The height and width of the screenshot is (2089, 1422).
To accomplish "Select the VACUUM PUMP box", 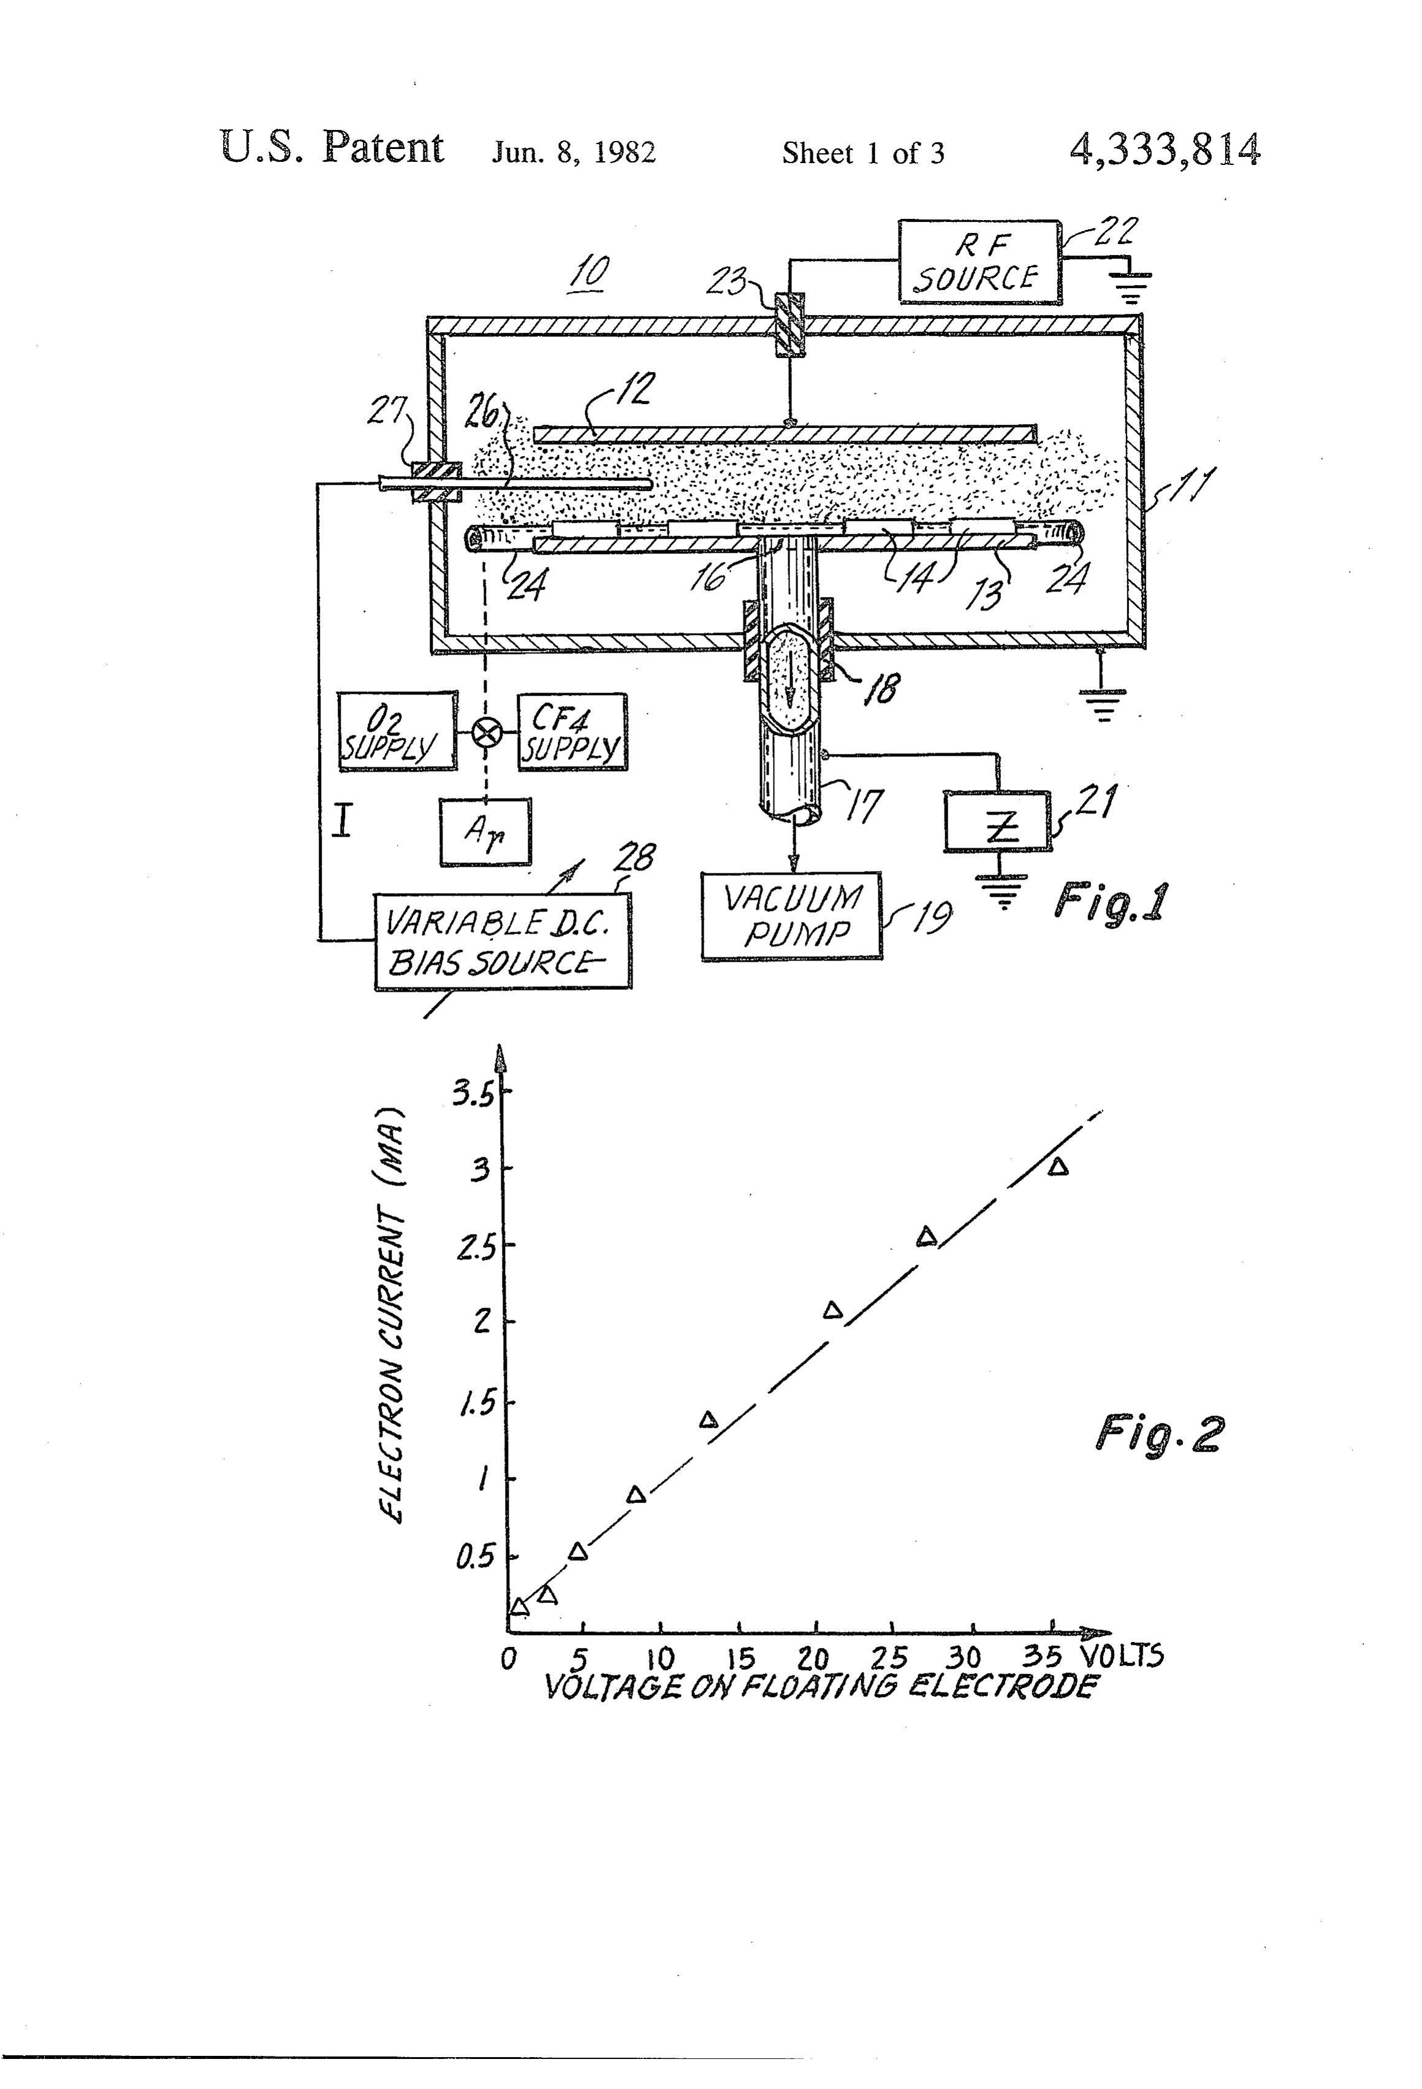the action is pos(792,916).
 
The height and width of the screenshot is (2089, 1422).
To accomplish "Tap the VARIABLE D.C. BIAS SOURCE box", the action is pos(503,941).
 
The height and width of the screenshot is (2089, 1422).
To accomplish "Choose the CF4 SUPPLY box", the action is pos(572,732).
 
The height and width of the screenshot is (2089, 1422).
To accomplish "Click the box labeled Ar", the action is pos(485,832).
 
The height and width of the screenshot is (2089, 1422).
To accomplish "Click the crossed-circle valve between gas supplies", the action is pos(486,732).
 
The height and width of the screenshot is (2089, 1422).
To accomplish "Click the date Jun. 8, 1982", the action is pos(574,153).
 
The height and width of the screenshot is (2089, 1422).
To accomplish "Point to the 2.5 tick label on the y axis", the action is pos(476,1249).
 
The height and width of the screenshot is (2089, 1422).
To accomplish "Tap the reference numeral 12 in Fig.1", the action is pos(634,387).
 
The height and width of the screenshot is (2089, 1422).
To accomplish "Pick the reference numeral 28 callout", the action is pos(634,857).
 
